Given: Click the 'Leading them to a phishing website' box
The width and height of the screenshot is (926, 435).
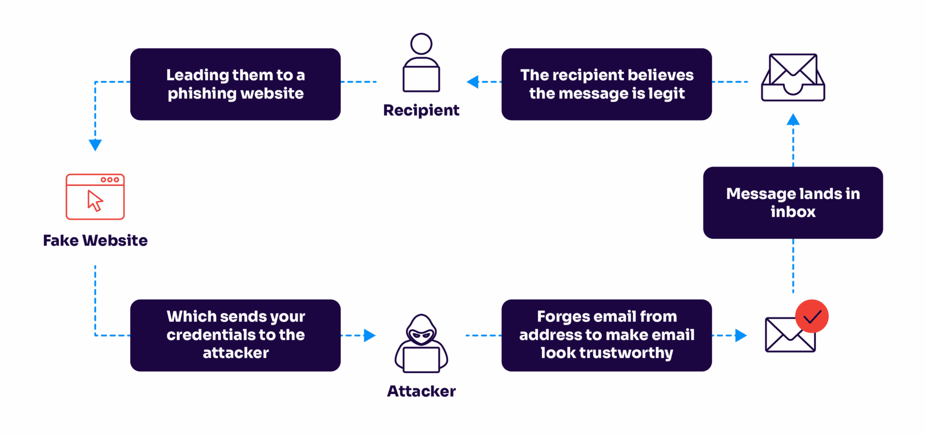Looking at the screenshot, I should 235,84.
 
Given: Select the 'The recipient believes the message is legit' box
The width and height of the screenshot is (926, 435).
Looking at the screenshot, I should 607,84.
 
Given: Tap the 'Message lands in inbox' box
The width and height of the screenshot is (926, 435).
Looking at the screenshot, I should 793,203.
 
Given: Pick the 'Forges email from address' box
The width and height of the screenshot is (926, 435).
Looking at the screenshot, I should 607,335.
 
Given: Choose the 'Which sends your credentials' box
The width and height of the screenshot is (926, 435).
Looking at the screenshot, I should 235,335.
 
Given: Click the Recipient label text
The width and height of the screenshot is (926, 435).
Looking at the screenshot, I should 421,111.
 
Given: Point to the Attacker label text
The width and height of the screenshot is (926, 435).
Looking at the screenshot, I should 421,391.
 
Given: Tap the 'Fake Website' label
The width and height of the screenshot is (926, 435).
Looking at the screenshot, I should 95,240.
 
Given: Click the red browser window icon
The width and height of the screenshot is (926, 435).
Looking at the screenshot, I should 95,197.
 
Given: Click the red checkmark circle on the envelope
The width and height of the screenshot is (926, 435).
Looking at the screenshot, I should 812,316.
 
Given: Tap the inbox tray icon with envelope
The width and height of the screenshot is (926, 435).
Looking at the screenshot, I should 793,78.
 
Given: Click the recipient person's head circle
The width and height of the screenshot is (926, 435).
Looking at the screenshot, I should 421,44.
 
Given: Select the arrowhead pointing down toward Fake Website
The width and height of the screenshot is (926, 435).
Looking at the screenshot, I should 95,144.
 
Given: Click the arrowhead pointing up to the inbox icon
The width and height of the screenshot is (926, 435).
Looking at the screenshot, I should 793,120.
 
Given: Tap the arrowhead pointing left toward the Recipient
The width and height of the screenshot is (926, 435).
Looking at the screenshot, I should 473,82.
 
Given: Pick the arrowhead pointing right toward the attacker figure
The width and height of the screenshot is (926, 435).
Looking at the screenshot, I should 369,335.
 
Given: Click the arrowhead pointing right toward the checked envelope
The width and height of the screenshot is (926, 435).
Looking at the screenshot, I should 740,335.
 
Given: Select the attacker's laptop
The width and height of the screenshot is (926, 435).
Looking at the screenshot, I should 421,360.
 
